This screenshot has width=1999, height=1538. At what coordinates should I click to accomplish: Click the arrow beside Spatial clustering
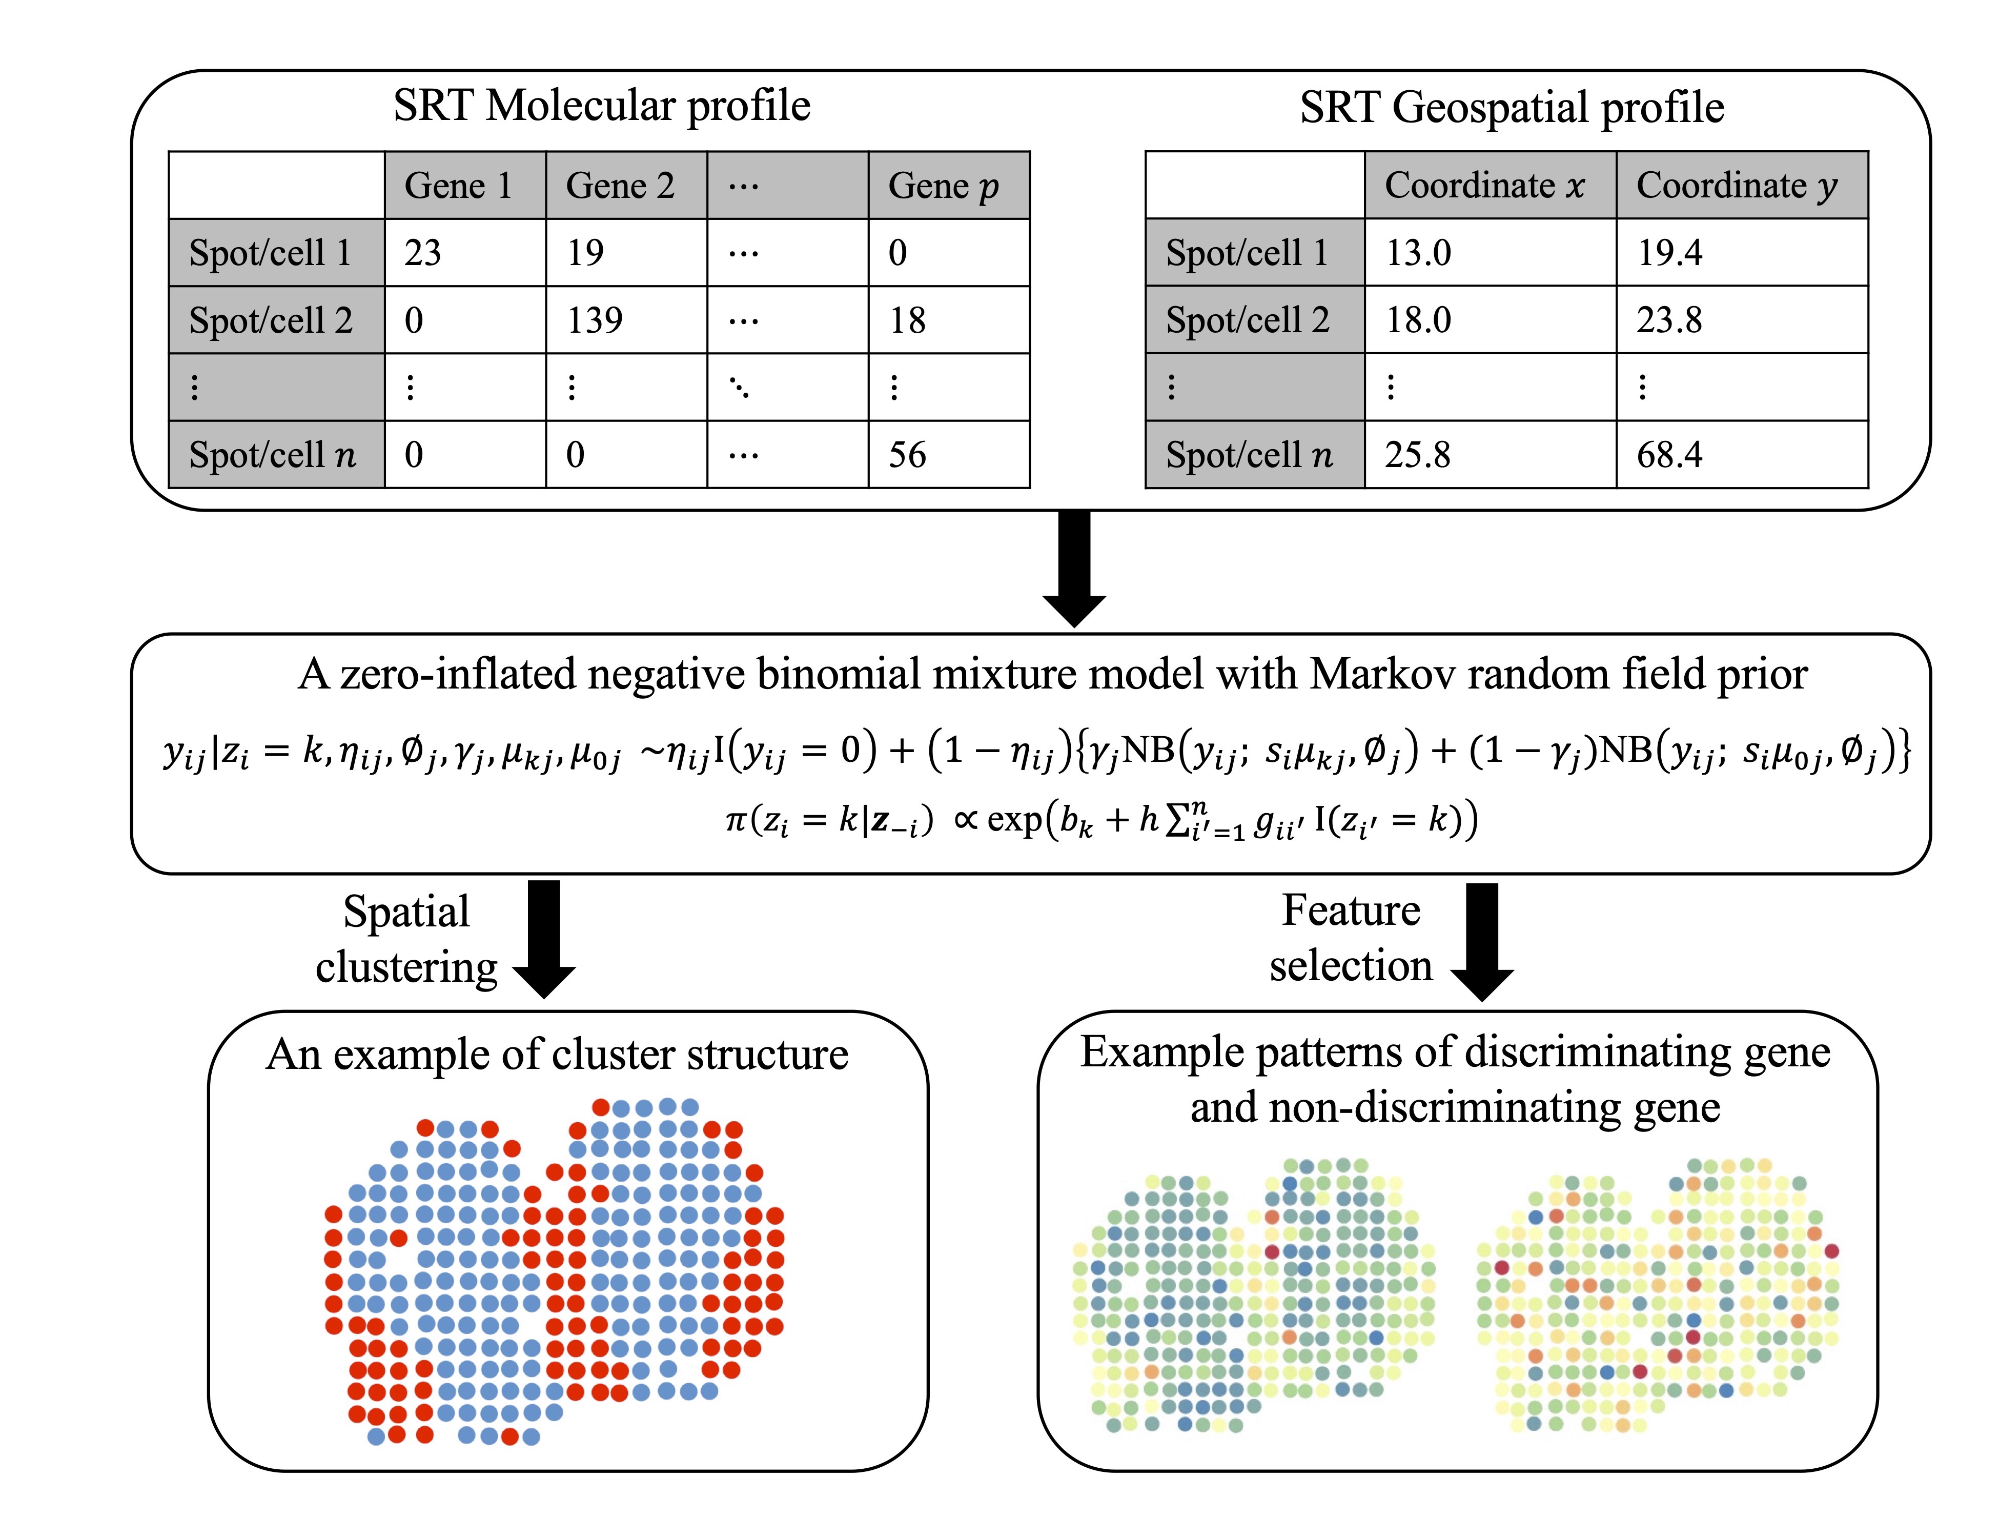point(544,938)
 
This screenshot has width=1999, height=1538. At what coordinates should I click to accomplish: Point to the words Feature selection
point(1351,938)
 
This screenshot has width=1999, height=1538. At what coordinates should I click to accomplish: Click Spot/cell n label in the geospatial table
point(1250,455)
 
